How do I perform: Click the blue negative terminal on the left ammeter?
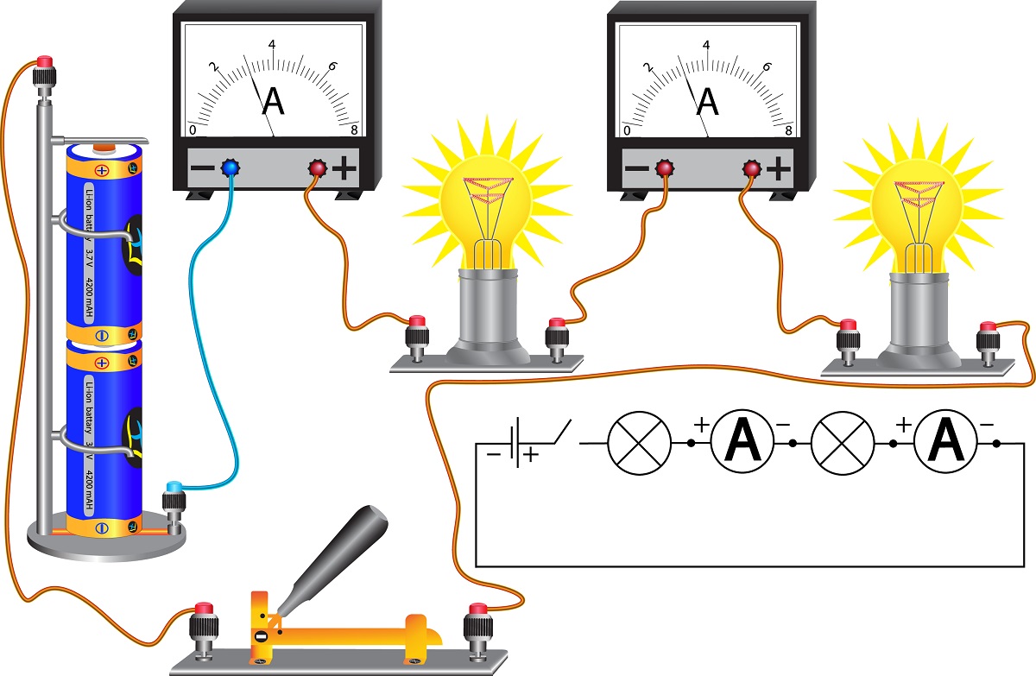(x=230, y=167)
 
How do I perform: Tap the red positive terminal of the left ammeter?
(x=317, y=168)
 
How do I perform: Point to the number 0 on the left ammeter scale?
(x=193, y=130)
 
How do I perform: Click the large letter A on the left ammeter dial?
(x=273, y=101)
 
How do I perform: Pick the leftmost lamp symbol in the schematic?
(x=639, y=443)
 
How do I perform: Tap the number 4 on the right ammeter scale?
(x=707, y=45)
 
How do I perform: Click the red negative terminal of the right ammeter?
(x=665, y=167)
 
